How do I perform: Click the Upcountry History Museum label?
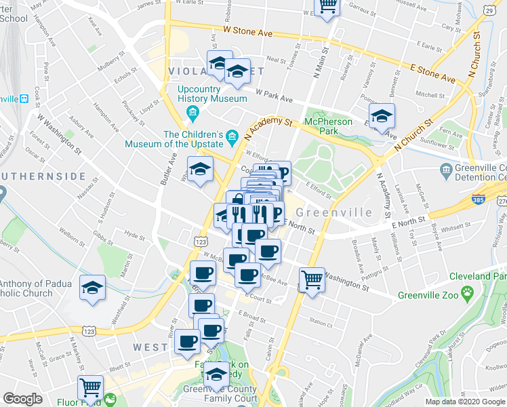point(212,94)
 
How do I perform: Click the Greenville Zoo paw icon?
point(468,293)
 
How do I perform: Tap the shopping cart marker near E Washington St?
point(312,278)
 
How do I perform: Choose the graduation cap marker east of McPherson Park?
point(382,117)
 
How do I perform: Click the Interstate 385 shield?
point(479,201)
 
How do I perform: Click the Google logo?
point(23,399)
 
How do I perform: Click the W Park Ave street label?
point(274,95)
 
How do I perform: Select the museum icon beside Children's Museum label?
point(232,138)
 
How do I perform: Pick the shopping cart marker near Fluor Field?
point(90,388)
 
